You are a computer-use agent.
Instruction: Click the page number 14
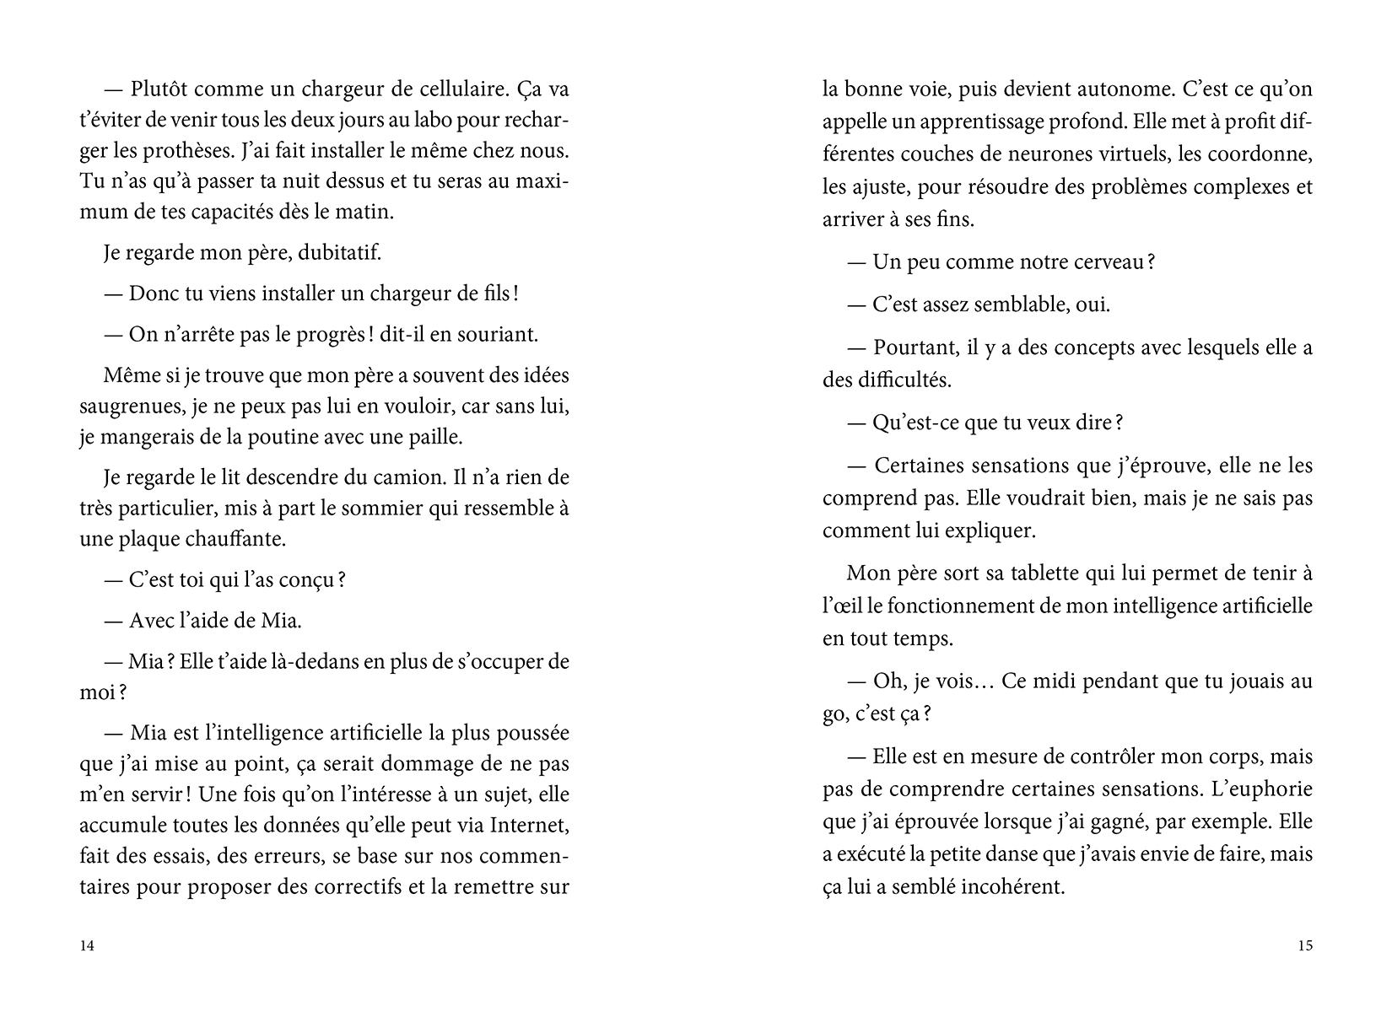click(87, 945)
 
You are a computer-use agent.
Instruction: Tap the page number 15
click(1304, 945)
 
